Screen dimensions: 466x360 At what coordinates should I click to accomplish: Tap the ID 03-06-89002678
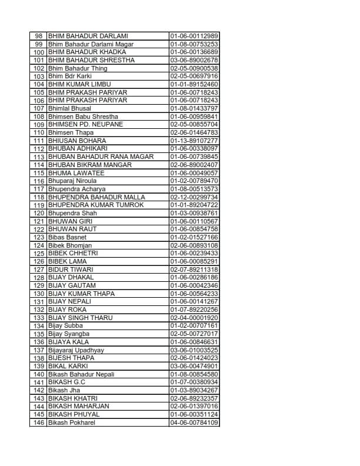tap(194, 60)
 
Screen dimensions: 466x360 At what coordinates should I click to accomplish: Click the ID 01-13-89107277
tap(194, 141)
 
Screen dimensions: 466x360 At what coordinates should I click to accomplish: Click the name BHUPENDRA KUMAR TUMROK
tap(96, 205)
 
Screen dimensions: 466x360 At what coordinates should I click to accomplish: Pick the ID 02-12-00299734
tap(194, 197)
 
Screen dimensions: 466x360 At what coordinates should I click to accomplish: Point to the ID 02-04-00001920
tap(194, 318)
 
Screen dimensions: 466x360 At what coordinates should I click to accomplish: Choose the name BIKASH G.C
tap(67, 382)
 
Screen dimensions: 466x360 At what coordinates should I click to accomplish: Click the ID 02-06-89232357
tap(194, 398)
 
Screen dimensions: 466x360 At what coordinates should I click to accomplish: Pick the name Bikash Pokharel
tap(72, 422)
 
